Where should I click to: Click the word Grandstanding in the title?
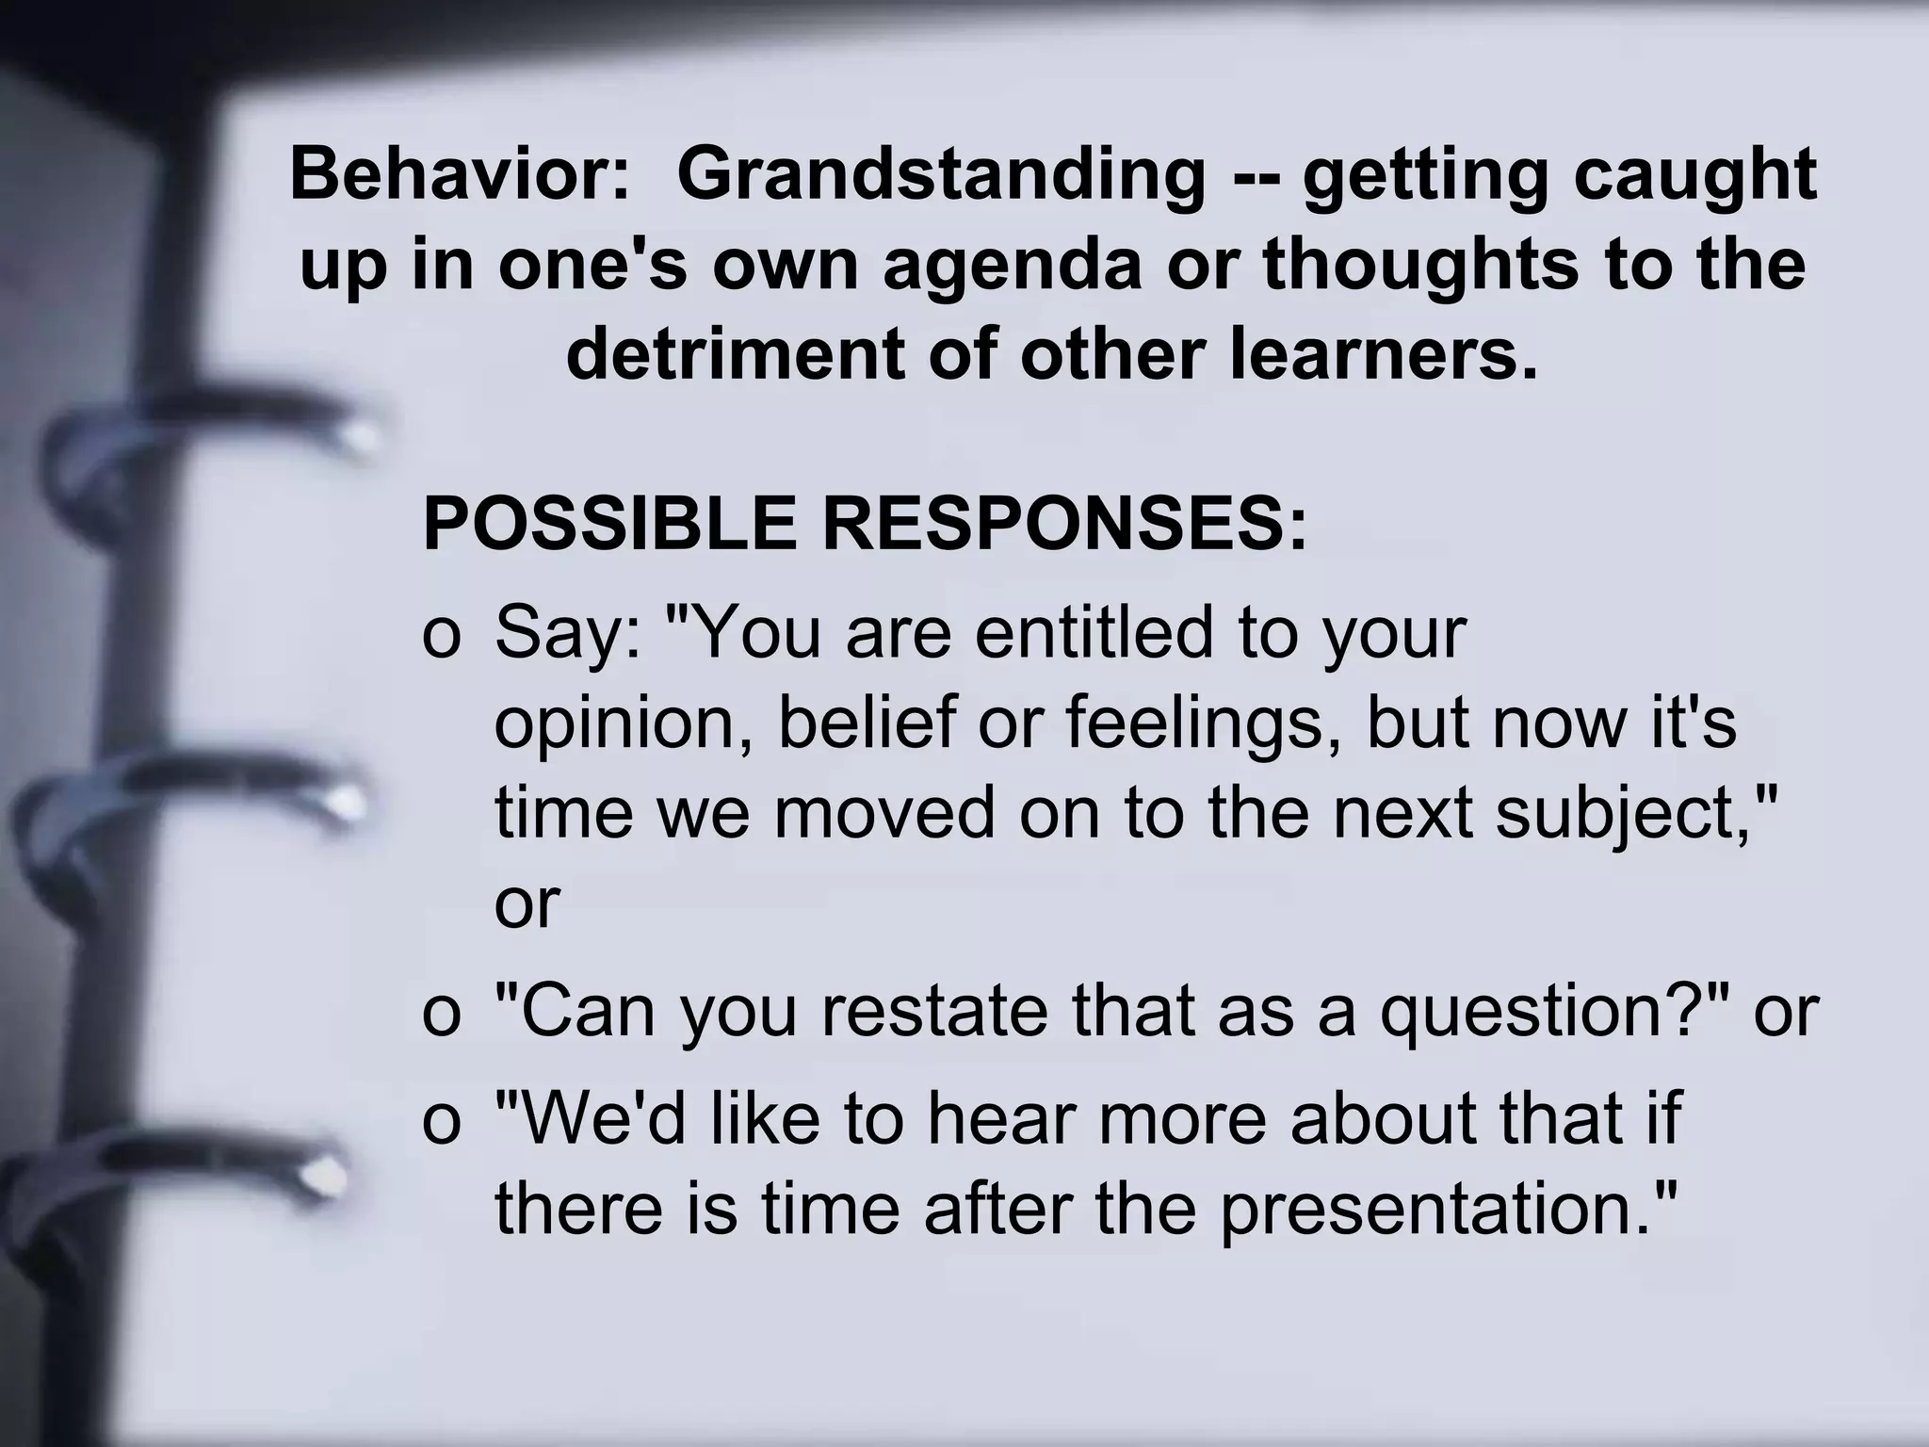[x=940, y=176]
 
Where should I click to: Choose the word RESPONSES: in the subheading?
[x=1064, y=524]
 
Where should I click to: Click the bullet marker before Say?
[x=441, y=635]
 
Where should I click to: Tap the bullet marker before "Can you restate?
[x=441, y=1014]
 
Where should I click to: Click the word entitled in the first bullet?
[x=1094, y=632]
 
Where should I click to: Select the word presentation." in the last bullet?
[x=1451, y=1210]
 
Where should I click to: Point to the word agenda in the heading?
[x=1013, y=265]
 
